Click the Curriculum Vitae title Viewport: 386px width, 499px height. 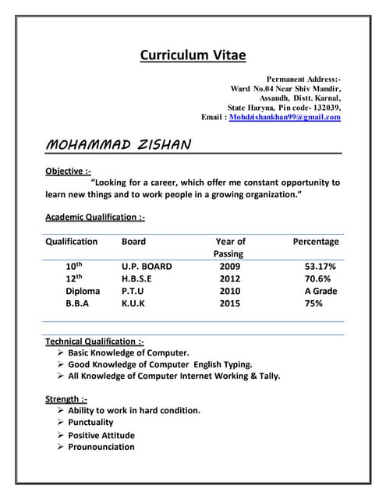pos(193,55)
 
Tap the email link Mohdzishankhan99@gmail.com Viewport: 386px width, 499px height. pos(285,117)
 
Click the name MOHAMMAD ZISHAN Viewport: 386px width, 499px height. pos(119,145)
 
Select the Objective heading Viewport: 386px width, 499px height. pos(69,170)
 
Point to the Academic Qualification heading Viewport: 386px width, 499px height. pos(94,217)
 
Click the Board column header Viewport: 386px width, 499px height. pos(133,242)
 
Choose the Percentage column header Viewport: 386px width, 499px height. pos(315,242)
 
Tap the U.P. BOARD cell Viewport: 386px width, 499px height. pos(147,266)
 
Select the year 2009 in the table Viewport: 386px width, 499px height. pos(230,266)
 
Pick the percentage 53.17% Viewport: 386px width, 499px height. pos(320,266)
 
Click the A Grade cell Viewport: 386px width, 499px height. pos(320,291)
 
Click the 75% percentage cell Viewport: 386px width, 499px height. pos(313,303)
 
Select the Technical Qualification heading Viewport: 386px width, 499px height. pos(94,342)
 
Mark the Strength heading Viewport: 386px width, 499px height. pos(66,399)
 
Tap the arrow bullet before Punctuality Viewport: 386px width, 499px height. pos(61,423)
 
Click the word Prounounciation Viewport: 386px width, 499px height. pos(101,447)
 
